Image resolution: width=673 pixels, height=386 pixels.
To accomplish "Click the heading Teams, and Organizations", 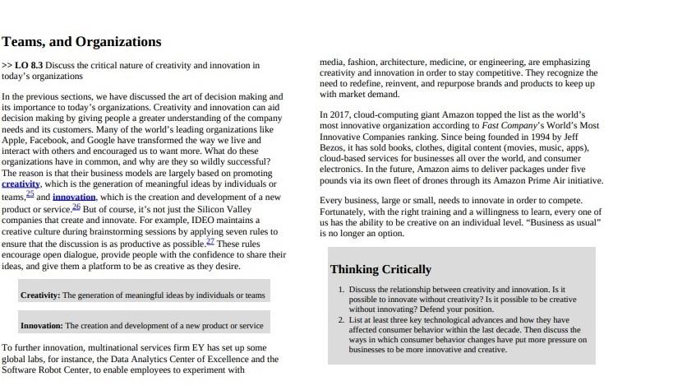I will click(81, 42).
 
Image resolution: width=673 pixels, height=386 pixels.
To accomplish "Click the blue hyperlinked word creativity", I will click(21, 184).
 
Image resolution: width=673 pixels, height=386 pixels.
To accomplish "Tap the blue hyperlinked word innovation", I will click(74, 198).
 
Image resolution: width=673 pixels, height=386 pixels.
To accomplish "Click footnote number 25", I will click(30, 194).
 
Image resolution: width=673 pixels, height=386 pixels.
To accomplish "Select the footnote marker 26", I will click(76, 207).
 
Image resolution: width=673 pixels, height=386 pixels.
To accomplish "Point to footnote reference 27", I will click(210, 241).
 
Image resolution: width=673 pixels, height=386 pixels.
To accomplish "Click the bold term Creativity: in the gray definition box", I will click(40, 295).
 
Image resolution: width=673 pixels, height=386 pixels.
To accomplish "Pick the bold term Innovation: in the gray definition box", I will click(42, 325).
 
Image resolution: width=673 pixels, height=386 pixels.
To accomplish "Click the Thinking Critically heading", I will click(380, 269).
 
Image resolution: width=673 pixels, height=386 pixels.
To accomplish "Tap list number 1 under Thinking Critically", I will click(341, 290).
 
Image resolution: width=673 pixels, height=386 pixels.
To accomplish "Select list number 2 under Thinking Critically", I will click(341, 320).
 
